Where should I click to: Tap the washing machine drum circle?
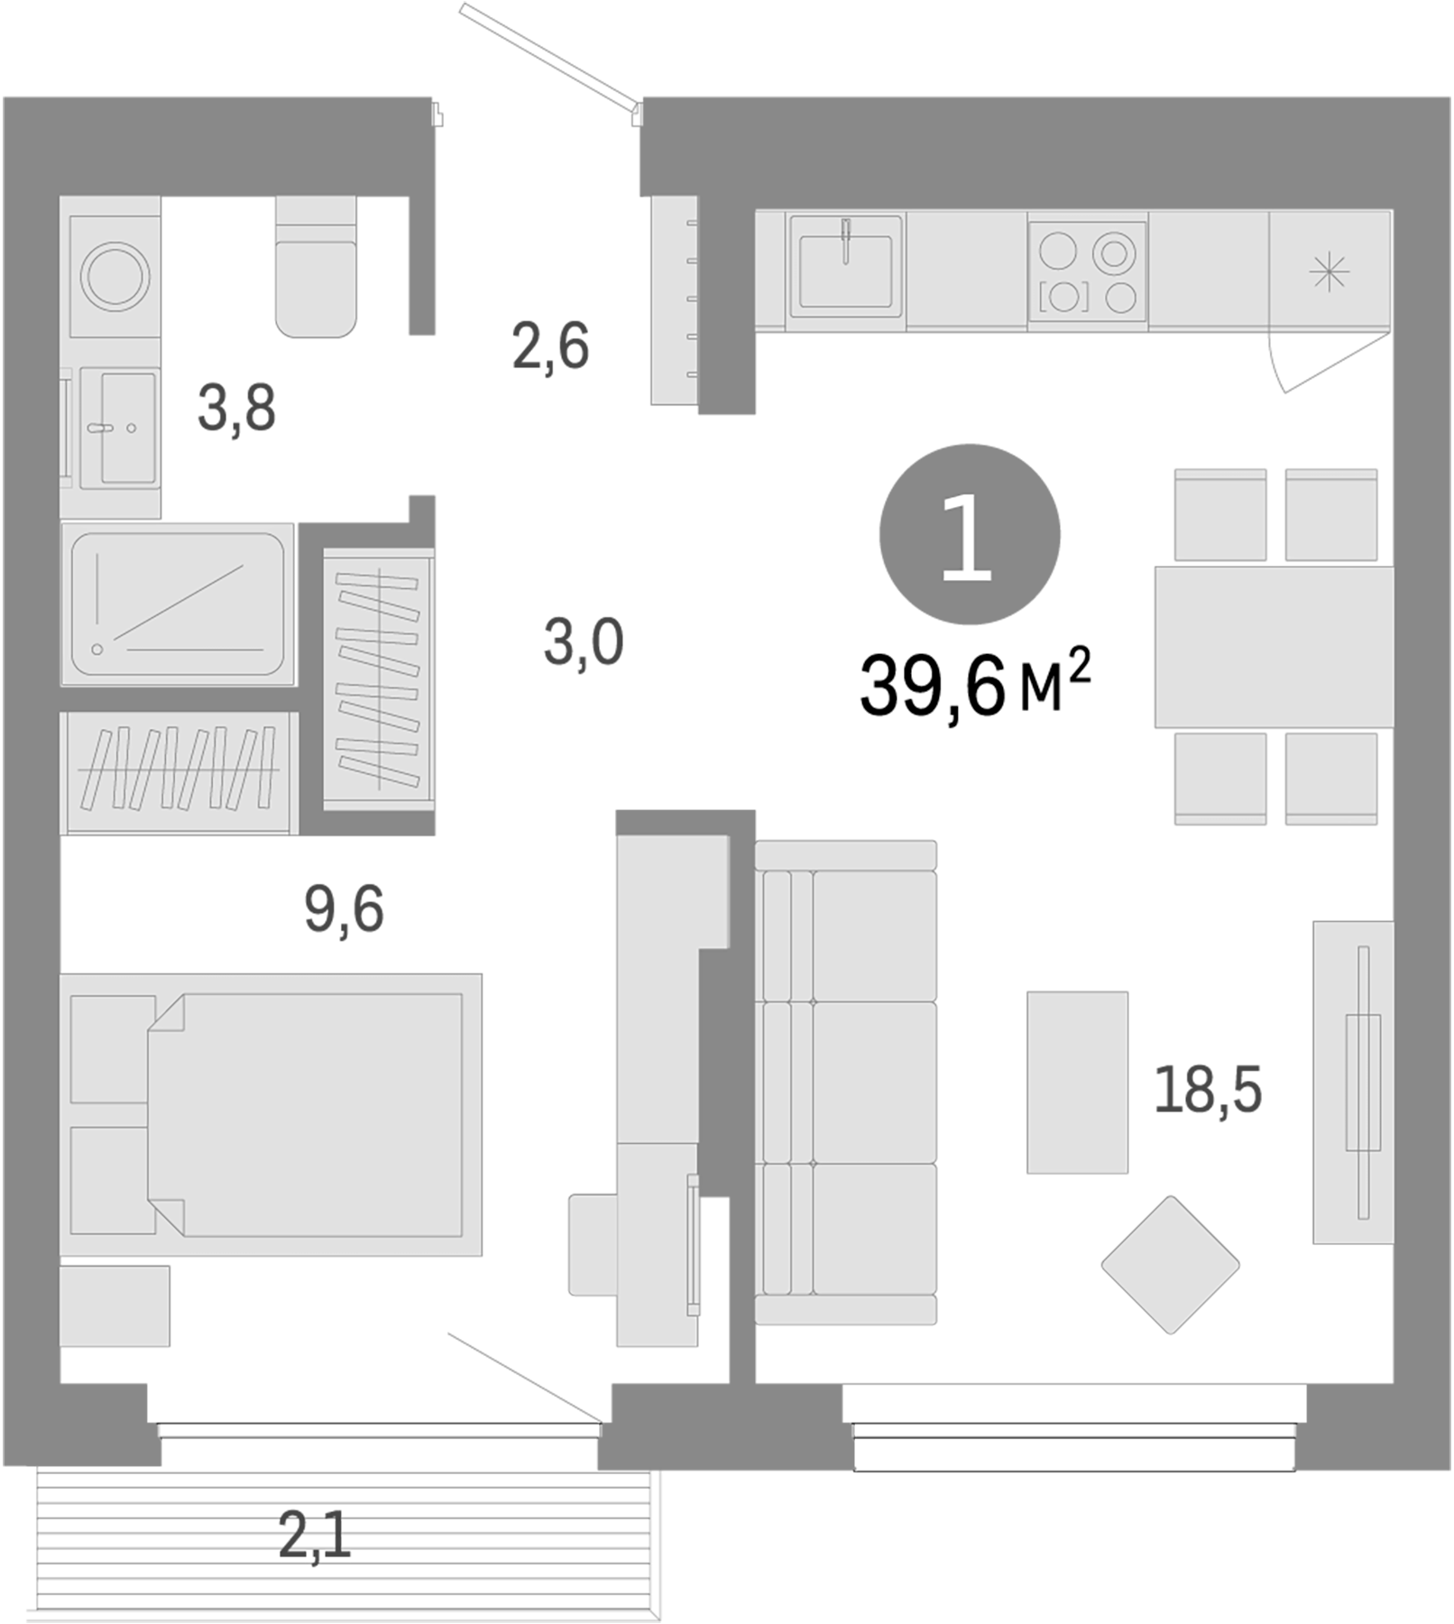click(x=115, y=275)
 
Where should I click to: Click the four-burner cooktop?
click(x=1087, y=272)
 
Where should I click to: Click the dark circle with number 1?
click(x=969, y=533)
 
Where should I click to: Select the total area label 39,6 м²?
click(x=974, y=686)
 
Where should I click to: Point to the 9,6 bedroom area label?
click(x=344, y=909)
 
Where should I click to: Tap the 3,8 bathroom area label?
click(x=236, y=408)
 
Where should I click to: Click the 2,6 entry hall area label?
click(x=550, y=346)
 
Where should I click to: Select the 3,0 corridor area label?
click(x=583, y=643)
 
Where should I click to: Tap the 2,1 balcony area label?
click(x=314, y=1536)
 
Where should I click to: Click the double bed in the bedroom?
click(x=307, y=1114)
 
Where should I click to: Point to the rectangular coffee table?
click(x=1077, y=1083)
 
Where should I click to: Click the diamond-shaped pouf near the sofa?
click(x=1170, y=1265)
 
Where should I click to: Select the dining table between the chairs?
click(x=1274, y=646)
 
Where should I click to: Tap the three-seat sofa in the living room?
click(x=846, y=1083)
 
